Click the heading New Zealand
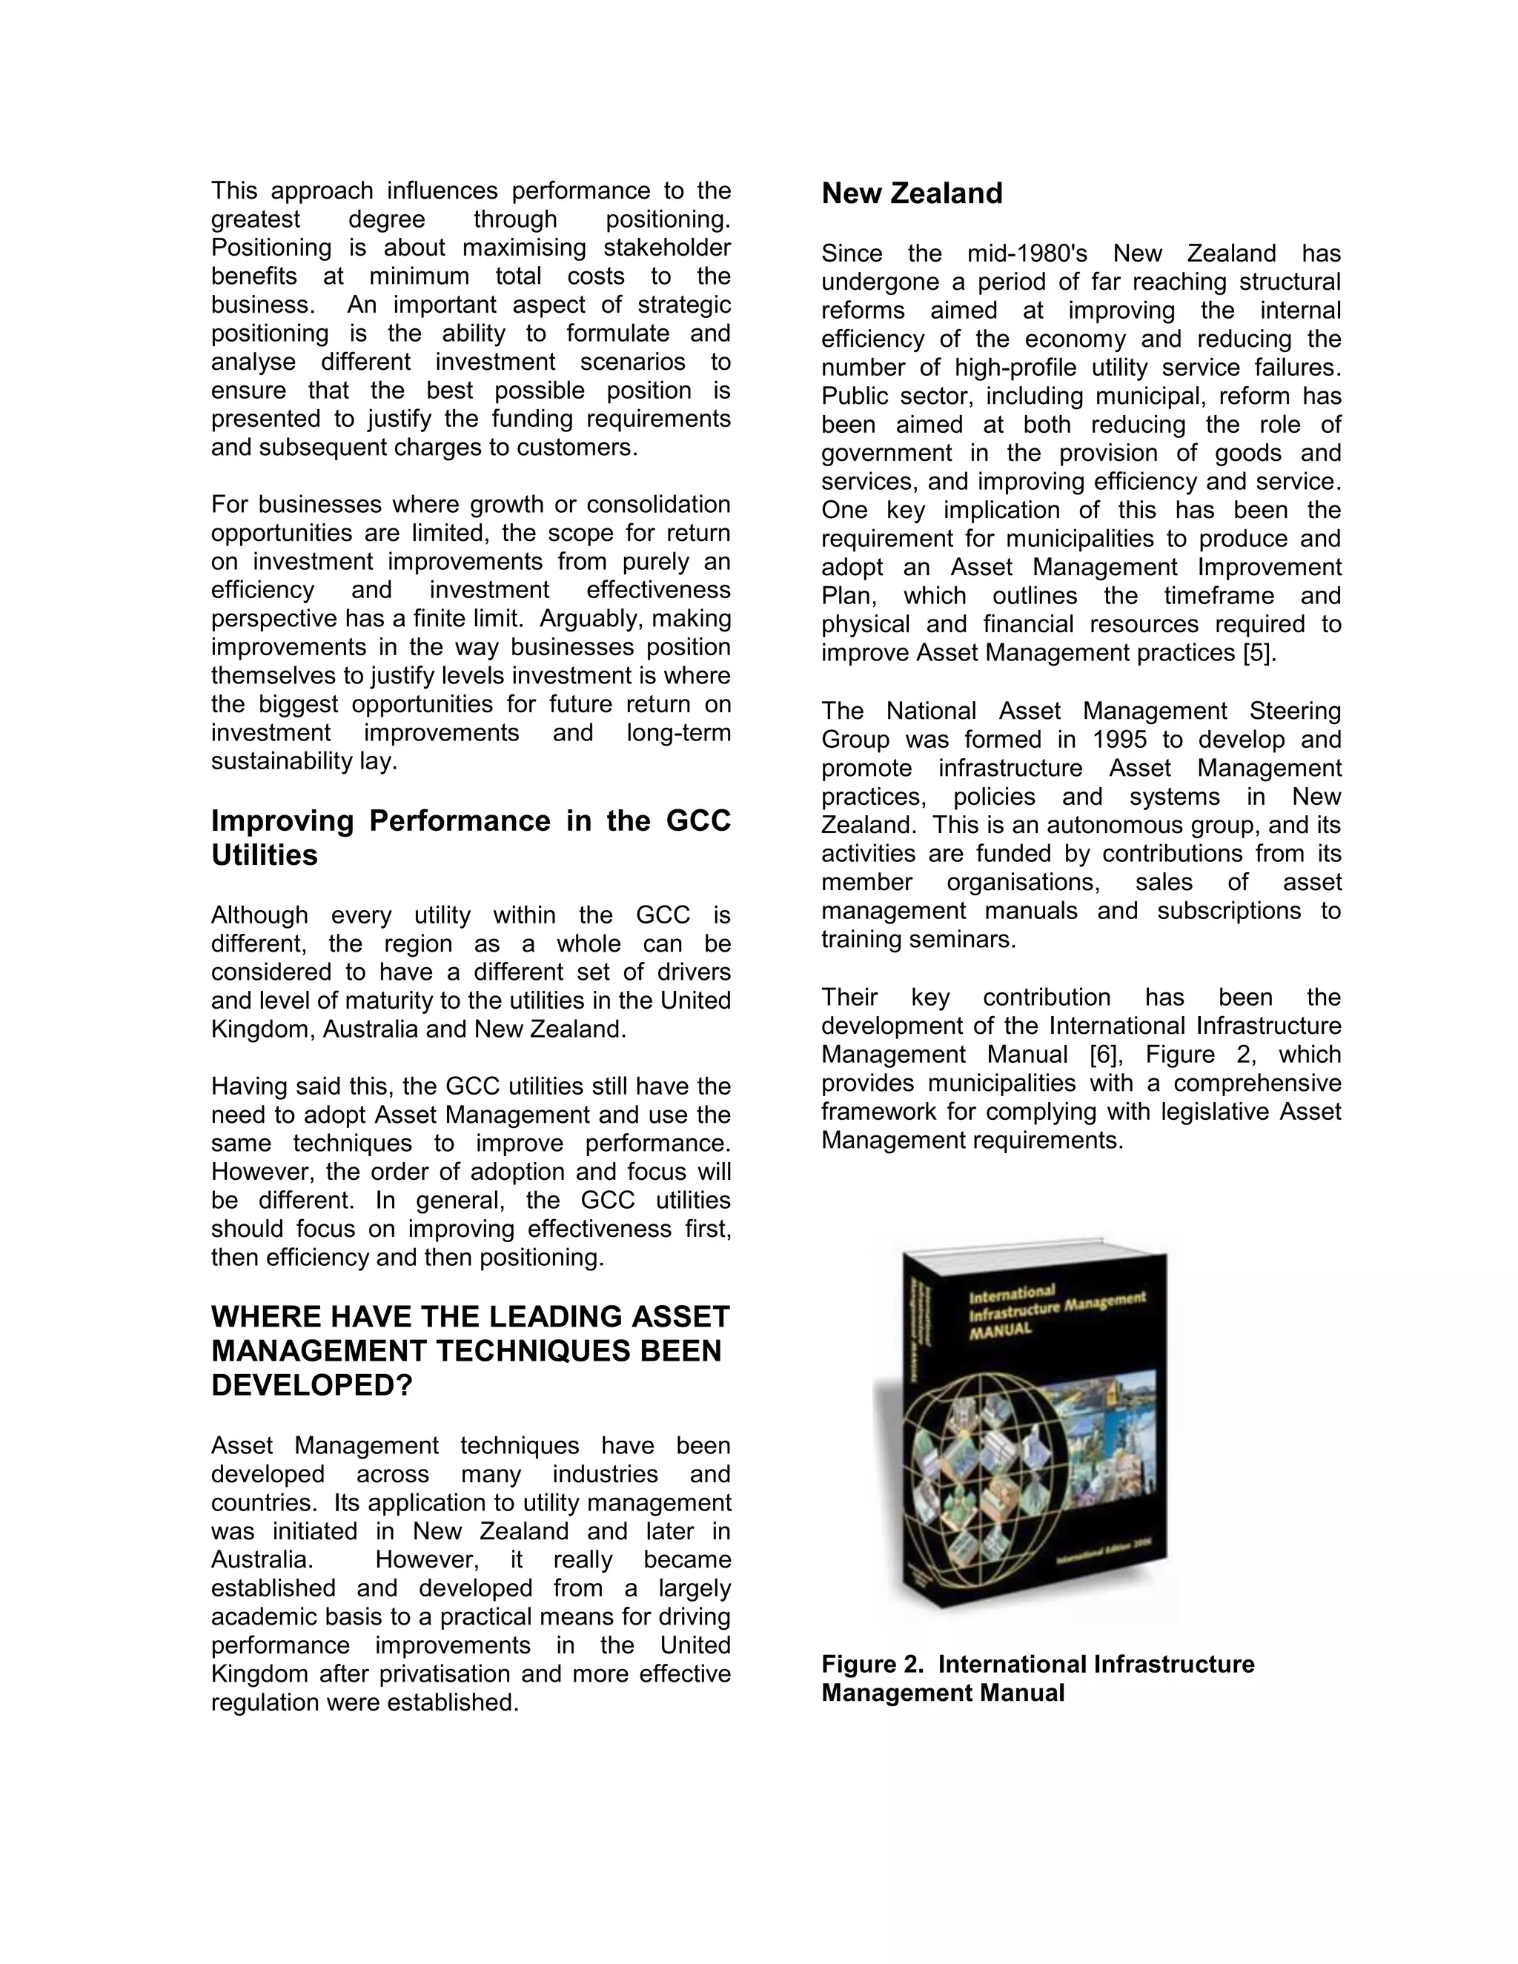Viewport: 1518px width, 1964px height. tap(911, 193)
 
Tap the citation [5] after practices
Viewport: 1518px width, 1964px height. tap(1259, 654)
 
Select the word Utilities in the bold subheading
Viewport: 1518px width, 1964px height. tap(265, 855)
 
